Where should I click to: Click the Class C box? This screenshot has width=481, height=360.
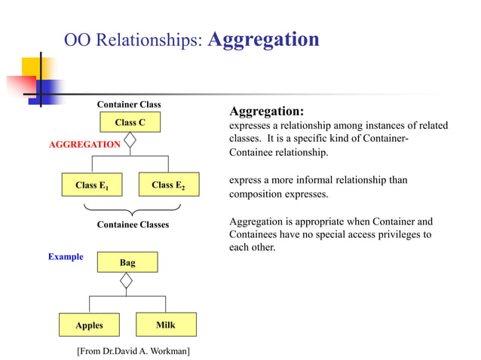coord(130,122)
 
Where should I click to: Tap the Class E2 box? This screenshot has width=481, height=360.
coord(168,185)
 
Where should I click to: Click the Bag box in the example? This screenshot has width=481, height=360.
coord(127,262)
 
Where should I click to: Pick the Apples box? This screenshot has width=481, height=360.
coord(89,325)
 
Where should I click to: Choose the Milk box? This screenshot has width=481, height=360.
coord(166,325)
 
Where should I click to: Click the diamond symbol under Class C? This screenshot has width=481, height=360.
coord(130,141)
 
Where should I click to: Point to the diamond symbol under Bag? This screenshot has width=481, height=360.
coord(127,281)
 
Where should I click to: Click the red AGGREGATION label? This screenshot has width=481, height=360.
coord(84,145)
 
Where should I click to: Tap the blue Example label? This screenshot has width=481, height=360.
coord(66,257)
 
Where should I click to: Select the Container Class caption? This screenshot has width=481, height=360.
coord(129,105)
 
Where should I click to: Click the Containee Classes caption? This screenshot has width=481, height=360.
coord(133,224)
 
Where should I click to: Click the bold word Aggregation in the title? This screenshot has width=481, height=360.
coord(262,40)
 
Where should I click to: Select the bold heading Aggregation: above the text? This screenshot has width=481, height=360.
coord(266,111)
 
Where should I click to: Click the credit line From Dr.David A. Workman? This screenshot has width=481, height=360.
coord(133,351)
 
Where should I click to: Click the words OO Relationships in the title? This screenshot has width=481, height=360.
coord(133,41)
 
